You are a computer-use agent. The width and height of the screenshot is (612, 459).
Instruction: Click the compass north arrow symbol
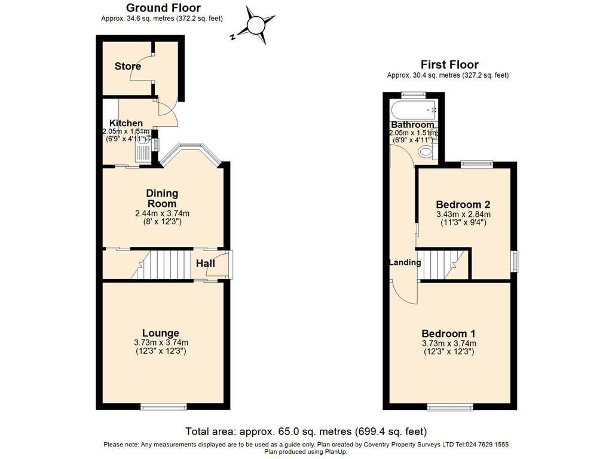[x=255, y=26]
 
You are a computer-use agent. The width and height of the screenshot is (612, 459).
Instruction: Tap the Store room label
[x=128, y=66]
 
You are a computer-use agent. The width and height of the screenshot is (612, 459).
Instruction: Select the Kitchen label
[x=126, y=123]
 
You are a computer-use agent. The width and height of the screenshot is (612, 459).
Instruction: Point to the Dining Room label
[x=163, y=198]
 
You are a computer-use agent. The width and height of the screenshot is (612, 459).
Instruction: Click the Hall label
[x=206, y=264]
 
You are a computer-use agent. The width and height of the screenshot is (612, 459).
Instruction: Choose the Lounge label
[x=160, y=333]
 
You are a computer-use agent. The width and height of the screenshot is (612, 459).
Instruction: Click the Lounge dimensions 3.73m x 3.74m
[x=161, y=342]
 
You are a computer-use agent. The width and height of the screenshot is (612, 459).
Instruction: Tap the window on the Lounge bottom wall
[x=164, y=407]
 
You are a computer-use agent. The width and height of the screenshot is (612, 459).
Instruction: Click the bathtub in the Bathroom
[x=414, y=110]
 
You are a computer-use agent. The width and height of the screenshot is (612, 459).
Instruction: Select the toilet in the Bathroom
[x=426, y=152]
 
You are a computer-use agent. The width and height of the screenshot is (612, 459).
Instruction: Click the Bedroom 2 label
[x=463, y=204]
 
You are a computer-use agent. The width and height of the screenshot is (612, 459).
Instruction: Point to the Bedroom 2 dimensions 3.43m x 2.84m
[x=463, y=215]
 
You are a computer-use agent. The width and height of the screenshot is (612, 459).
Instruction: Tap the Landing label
[x=405, y=262]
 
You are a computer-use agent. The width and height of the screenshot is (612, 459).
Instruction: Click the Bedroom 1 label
[x=448, y=333]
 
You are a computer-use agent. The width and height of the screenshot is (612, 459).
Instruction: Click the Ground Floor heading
[x=163, y=8]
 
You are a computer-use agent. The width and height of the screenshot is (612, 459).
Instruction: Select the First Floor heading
[x=449, y=65]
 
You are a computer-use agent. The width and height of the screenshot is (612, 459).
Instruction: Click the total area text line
[x=306, y=431]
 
